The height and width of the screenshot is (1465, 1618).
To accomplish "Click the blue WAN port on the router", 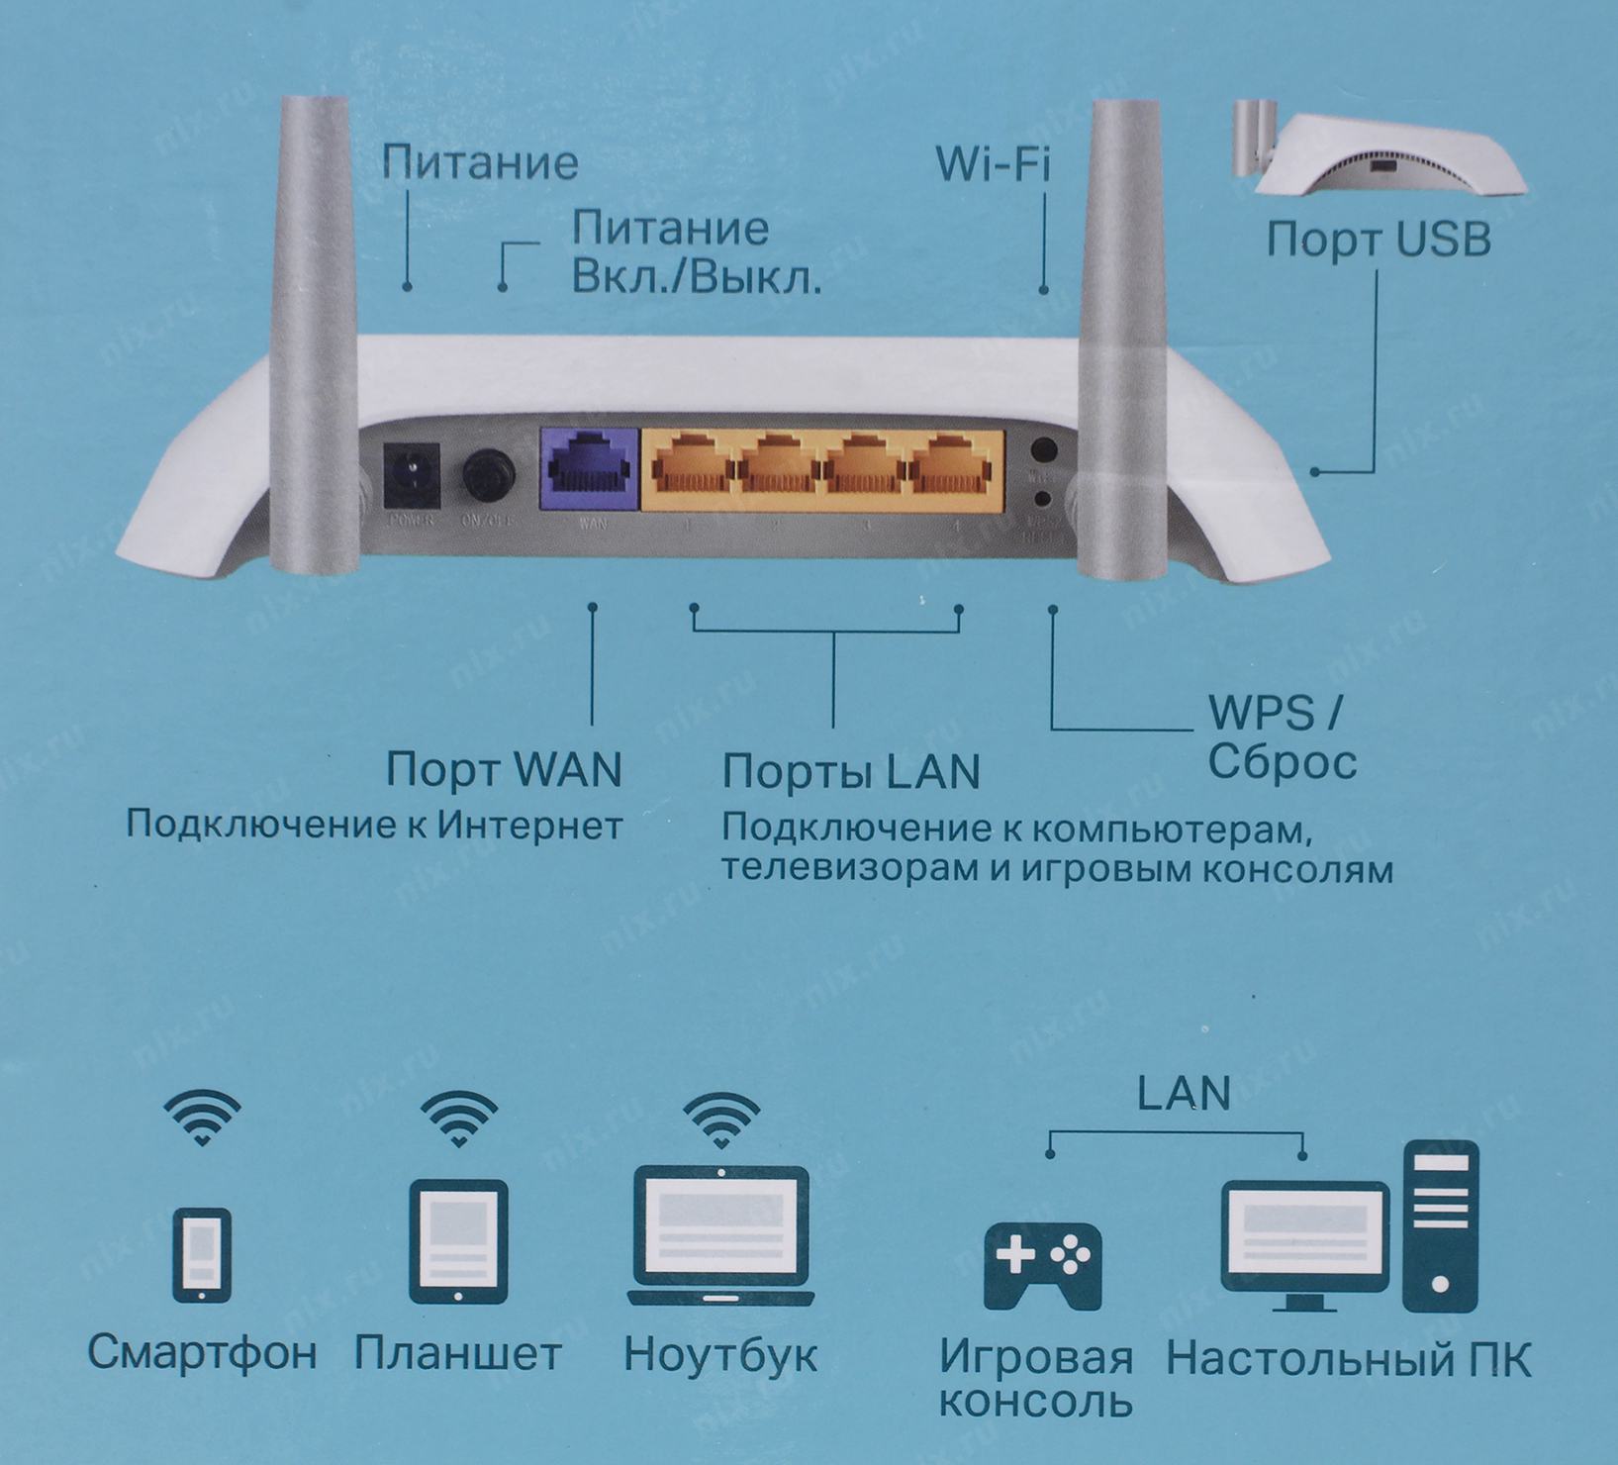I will coord(591,469).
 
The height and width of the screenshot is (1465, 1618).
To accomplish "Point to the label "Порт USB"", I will coord(1379,240).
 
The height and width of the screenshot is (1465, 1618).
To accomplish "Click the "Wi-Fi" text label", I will coord(993,163).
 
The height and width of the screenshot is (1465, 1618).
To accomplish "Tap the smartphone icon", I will coord(202,1254).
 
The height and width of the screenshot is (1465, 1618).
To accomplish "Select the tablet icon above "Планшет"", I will coord(458,1241).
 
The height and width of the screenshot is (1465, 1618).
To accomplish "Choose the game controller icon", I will coord(1042,1264).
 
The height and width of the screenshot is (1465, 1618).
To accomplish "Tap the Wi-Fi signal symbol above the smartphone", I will coord(202,1118).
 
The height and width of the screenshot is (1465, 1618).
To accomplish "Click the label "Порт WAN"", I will coord(504,769).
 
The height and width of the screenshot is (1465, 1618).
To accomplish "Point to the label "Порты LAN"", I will coord(851,771).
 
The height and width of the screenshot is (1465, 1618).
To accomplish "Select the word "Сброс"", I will coord(1282,762).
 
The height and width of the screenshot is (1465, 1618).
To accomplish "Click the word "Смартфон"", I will coord(202,1352).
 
